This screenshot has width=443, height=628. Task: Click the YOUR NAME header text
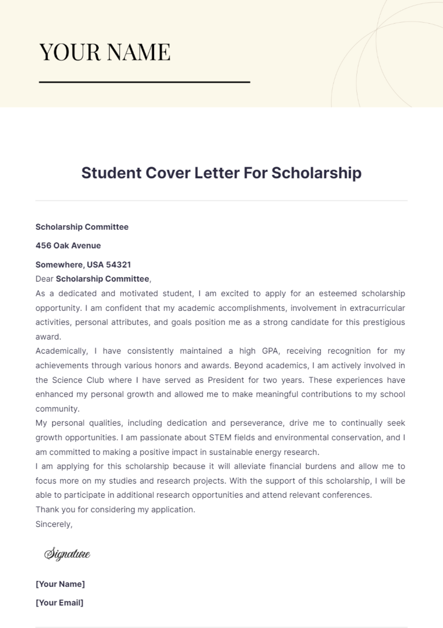coord(105,52)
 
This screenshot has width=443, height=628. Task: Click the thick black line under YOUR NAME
coord(144,82)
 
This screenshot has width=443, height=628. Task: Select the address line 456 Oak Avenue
coord(68,246)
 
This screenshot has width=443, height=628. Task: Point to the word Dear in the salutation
coord(44,279)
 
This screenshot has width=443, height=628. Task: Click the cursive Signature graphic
coord(67,554)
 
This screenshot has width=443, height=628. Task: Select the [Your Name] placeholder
coord(60,584)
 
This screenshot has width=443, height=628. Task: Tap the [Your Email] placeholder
coord(59,603)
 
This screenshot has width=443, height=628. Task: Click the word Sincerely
coord(54,524)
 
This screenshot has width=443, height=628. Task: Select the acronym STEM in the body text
coord(220,438)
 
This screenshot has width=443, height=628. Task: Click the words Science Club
coord(78,380)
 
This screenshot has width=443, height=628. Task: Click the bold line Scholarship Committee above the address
coord(82,227)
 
